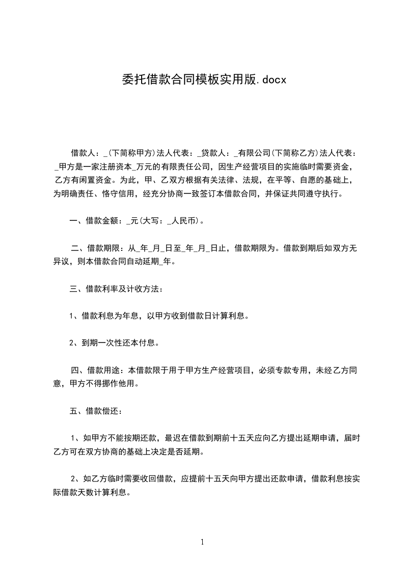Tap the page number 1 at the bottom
point(202,542)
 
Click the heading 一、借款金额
point(94,221)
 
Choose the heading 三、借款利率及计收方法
point(116,290)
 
